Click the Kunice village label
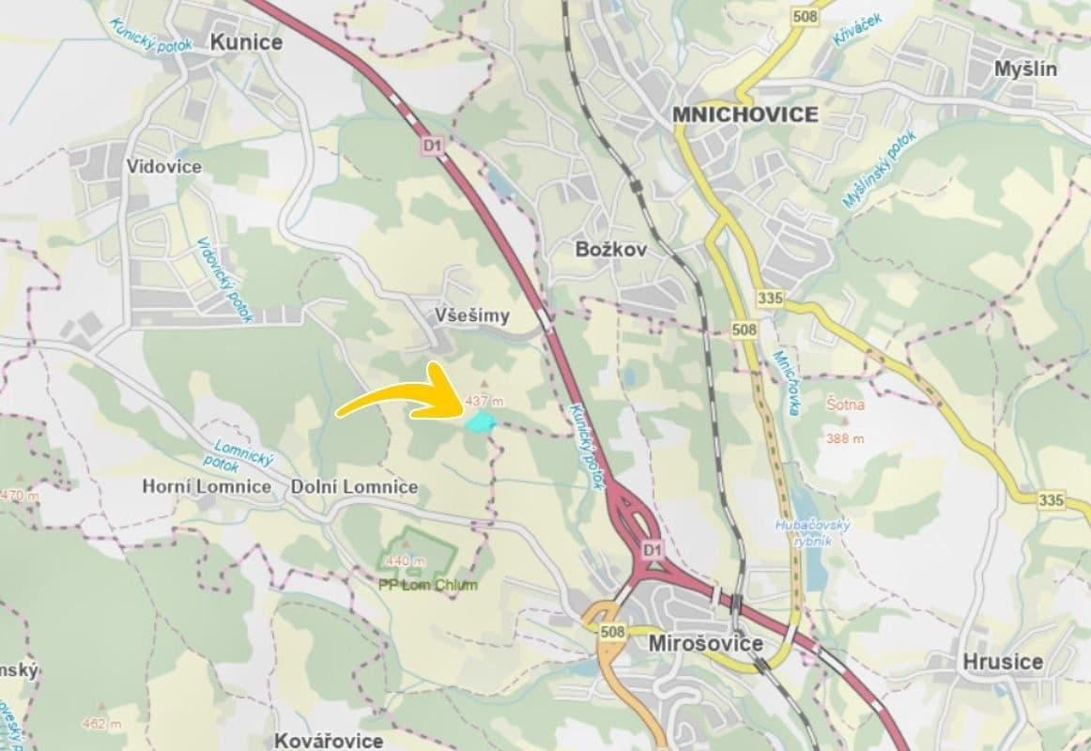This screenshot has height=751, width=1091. (246, 41)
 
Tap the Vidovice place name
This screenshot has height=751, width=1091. (164, 166)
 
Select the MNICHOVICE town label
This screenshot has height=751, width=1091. (745, 115)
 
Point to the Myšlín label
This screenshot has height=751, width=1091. (1025, 69)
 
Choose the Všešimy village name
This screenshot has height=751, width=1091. (473, 315)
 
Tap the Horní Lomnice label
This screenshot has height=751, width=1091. (207, 487)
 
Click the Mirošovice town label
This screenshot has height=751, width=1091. (705, 644)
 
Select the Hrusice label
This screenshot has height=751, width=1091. (1002, 661)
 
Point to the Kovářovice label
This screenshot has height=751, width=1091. (329, 741)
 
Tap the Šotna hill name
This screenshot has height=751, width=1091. (844, 405)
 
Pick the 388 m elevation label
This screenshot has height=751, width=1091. (845, 438)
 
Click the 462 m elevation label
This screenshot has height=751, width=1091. (101, 724)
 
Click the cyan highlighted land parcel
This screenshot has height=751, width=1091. (481, 421)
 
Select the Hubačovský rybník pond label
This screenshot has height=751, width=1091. (813, 530)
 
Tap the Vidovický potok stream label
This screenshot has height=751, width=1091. (225, 279)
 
